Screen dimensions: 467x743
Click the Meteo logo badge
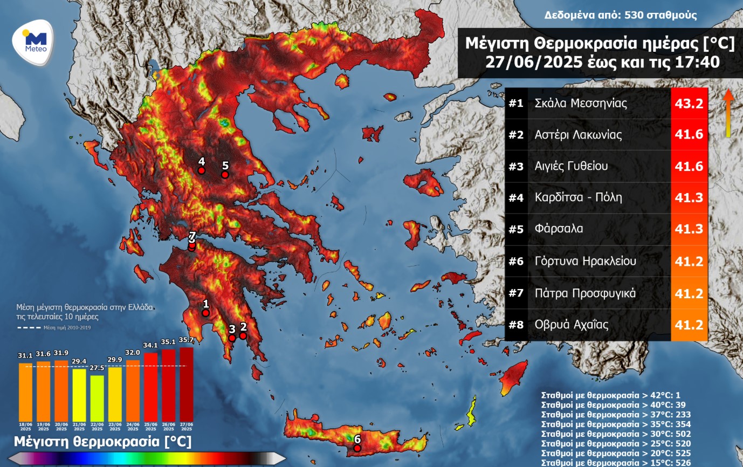[x=33, y=43]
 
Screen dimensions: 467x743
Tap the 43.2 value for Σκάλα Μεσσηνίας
[x=689, y=103]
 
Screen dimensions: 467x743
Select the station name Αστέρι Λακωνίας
[x=578, y=135]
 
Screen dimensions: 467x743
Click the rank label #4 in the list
[x=516, y=197]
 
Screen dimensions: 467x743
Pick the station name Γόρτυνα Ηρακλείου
[x=585, y=261]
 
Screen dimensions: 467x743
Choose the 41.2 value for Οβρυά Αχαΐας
[x=689, y=325]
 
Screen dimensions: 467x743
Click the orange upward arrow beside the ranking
[x=728, y=113]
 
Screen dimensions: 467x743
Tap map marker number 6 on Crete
[x=357, y=448]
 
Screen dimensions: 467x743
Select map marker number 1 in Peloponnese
[x=205, y=312]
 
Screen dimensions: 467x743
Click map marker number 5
[x=225, y=174]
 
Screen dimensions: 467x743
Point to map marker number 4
[x=201, y=170]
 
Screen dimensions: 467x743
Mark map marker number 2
[x=243, y=335]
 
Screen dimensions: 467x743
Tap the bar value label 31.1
[x=25, y=356]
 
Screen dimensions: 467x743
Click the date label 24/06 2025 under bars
[x=133, y=427]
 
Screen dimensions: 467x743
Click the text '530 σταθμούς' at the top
[x=661, y=15]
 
